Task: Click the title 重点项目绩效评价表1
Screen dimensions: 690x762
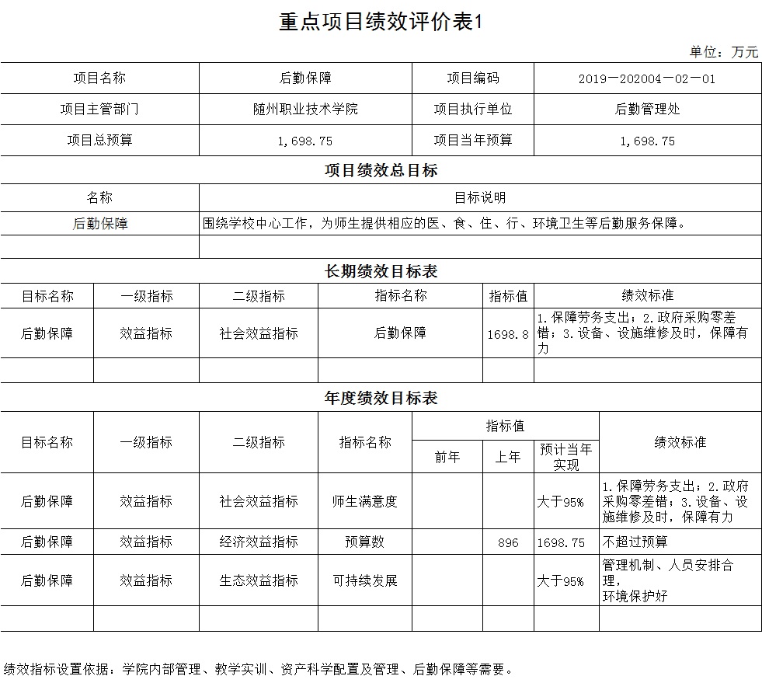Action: coord(381,23)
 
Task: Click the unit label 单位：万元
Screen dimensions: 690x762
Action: coord(723,52)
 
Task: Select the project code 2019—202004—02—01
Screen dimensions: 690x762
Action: coord(646,78)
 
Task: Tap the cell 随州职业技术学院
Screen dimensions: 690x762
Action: coord(300,110)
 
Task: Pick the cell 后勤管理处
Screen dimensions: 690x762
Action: coord(646,110)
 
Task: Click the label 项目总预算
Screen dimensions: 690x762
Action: coord(99,141)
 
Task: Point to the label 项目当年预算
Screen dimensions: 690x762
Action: coord(472,141)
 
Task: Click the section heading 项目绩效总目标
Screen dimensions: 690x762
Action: coord(381,170)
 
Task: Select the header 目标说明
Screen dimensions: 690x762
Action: coord(479,198)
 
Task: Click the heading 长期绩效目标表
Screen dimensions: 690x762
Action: coord(381,271)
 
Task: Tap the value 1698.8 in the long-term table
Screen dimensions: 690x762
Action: coord(508,334)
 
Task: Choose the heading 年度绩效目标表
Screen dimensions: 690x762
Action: coord(381,398)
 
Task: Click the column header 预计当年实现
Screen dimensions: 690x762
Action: coord(566,457)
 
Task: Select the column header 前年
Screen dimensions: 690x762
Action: coord(447,458)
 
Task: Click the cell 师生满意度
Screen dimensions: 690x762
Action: coord(364,501)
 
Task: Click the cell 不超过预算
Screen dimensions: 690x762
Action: coord(634,542)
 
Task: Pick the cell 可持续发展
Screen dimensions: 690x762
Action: coord(364,580)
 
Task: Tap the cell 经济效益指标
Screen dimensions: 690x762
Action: coord(259,542)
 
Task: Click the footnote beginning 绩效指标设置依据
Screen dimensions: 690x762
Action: coord(258,669)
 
